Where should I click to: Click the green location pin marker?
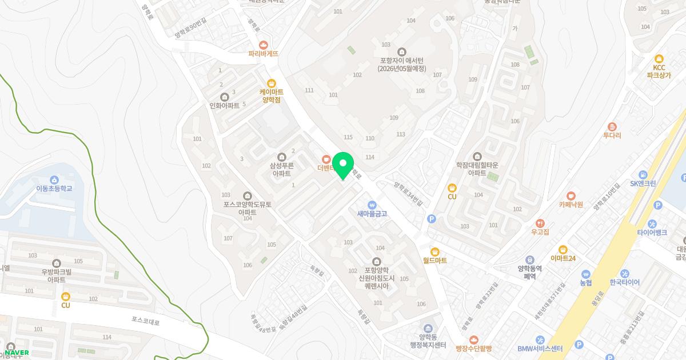pos(343,166)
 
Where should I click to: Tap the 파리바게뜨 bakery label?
pos(263,53)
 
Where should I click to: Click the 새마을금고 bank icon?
pos(372,205)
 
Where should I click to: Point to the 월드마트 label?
pos(435,260)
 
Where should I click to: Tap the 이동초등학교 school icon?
pos(54,179)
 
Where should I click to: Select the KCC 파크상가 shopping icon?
pos(659,58)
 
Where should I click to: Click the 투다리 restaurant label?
pos(612,135)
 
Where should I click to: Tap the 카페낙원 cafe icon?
pos(571,195)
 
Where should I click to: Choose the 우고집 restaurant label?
pos(540,231)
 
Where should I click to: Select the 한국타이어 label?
pos(624,282)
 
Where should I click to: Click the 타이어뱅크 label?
pos(652,233)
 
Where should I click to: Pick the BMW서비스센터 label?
pos(540,349)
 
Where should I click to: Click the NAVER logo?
pos(17,353)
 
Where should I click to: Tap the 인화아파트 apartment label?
pos(225,106)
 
